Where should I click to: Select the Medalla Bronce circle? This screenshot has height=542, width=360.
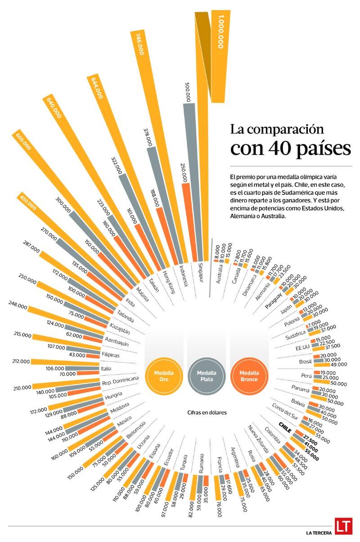click(x=249, y=376)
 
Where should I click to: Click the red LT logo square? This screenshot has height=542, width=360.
click(x=342, y=526)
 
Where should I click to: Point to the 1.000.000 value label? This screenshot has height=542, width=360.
click(x=220, y=32)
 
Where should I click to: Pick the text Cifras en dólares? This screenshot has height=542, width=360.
click(x=207, y=412)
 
